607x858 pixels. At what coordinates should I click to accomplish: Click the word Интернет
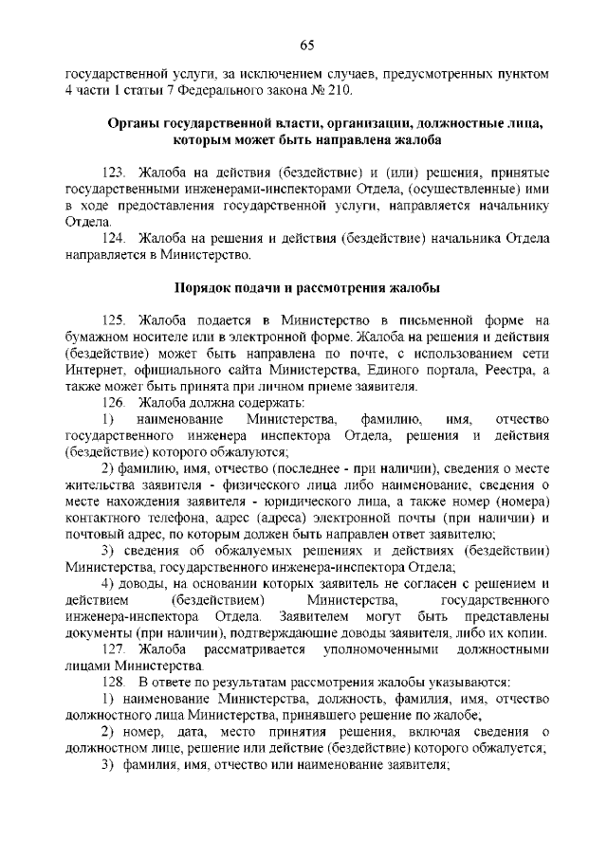point(93,369)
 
